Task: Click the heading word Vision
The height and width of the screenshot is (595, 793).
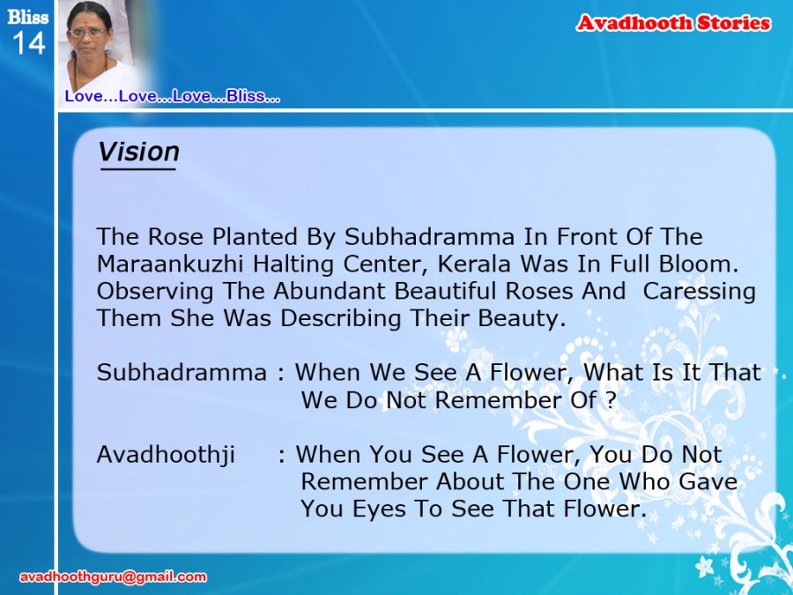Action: (138, 152)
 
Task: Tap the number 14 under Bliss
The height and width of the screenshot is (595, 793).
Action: (29, 43)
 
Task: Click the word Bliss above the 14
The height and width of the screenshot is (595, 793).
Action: (28, 18)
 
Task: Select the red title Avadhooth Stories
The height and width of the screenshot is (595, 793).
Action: (673, 23)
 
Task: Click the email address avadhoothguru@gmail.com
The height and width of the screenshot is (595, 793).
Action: (113, 576)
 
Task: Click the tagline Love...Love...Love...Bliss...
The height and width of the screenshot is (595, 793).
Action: (172, 96)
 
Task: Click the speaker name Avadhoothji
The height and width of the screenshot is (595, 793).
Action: (166, 454)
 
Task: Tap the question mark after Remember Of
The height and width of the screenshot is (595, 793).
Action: (611, 400)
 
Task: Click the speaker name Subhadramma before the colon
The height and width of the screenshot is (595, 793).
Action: (182, 373)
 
